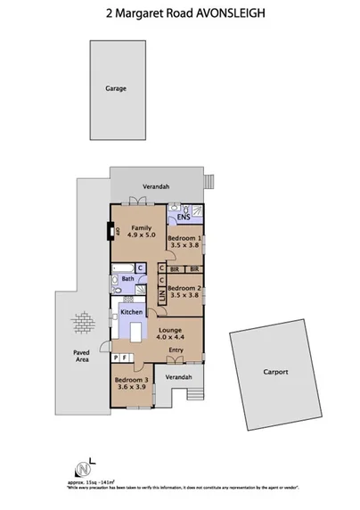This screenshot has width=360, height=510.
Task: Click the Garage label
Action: click(x=115, y=89)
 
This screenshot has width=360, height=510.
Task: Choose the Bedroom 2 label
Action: click(x=184, y=287)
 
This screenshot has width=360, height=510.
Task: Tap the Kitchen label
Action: click(x=133, y=311)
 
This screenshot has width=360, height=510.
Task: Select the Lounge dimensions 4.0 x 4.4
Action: click(x=170, y=335)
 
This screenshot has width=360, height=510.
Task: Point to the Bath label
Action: click(x=127, y=279)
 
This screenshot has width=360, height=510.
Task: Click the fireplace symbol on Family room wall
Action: click(x=112, y=233)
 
